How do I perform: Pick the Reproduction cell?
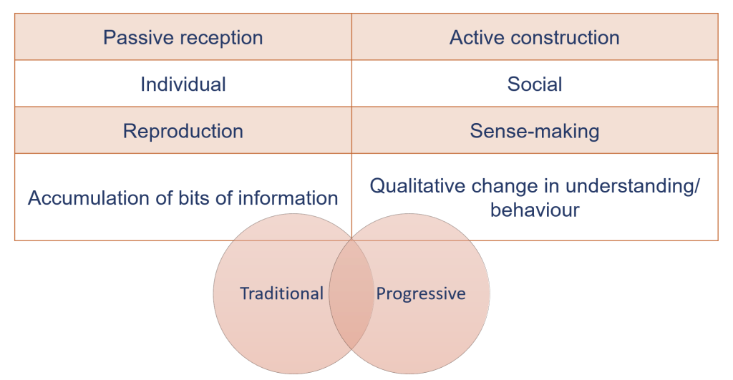coord(183,131)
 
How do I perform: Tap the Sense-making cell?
coord(535,131)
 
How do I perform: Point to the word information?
coord(288,198)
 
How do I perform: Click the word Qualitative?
coord(417,186)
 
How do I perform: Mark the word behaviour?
coord(535,210)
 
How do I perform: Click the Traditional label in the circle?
coord(281,293)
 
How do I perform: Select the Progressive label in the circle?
coord(421,294)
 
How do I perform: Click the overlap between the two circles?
coord(351,293)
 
